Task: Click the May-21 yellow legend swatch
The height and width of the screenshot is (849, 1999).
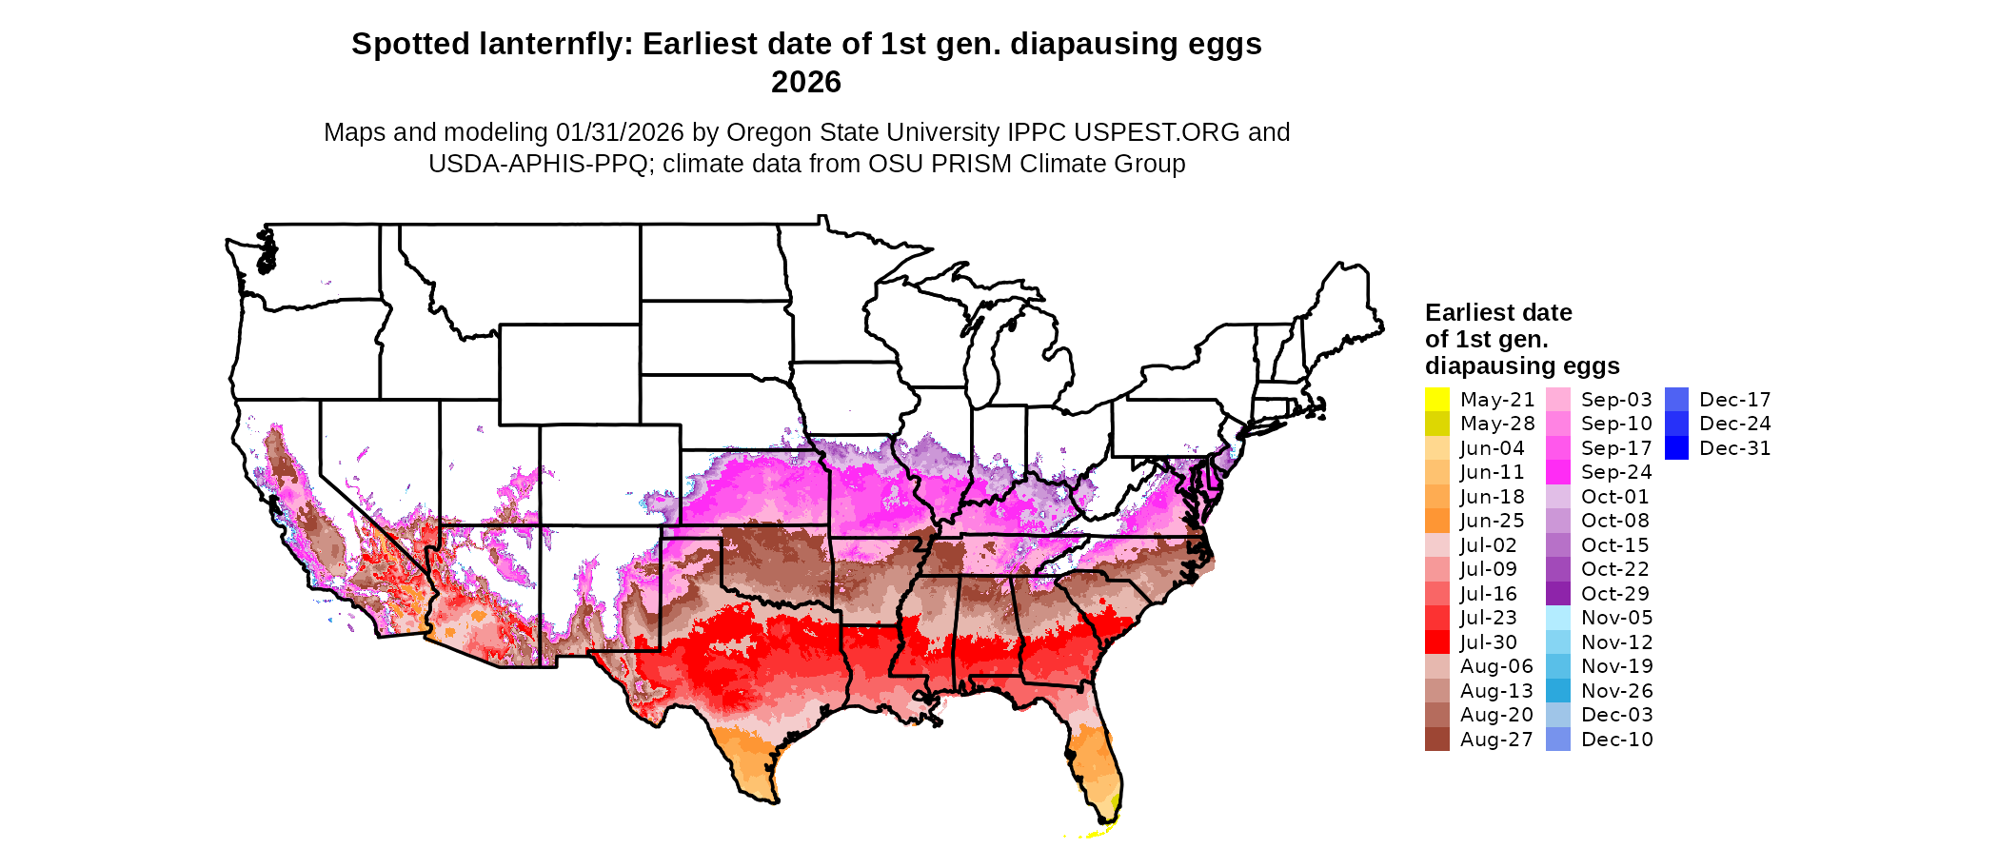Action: [1436, 400]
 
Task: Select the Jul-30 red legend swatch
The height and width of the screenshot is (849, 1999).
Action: [1436, 642]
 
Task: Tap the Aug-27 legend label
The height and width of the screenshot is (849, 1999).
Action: [1496, 740]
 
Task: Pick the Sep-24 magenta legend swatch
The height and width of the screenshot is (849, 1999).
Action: [1558, 472]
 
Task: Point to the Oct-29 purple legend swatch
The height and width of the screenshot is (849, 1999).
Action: [1558, 594]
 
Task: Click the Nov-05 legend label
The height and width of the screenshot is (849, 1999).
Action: [1617, 618]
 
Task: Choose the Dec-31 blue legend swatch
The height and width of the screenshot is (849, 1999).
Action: [1677, 448]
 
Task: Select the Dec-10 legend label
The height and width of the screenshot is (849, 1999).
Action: [1617, 740]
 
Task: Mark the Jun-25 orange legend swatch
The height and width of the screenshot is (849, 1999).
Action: [1436, 521]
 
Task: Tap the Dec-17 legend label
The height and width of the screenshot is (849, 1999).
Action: [1735, 400]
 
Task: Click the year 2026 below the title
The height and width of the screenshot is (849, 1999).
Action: [806, 83]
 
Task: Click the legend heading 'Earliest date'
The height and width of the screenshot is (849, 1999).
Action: [1498, 312]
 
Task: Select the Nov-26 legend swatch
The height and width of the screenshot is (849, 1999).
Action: [1558, 691]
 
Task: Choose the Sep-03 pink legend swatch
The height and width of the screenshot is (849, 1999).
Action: [1558, 400]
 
